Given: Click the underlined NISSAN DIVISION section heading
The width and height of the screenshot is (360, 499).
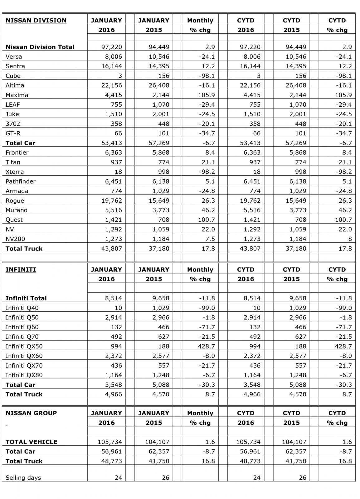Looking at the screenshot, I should tap(36, 21).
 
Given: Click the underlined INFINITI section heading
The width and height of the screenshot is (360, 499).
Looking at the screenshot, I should tap(21, 269).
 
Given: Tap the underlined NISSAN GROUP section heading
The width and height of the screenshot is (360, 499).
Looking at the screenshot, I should tap(31, 413).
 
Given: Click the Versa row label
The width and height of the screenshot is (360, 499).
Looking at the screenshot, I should tap(14, 56).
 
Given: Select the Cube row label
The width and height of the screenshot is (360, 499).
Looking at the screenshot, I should tap(13, 76).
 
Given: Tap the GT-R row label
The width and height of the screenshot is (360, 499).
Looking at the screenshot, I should tap(13, 133).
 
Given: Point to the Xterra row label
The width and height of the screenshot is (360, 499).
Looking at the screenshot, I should tap(15, 172).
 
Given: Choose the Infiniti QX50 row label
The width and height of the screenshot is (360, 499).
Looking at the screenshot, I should tap(24, 346).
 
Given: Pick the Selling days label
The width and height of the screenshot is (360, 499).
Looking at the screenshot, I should tap(23, 477).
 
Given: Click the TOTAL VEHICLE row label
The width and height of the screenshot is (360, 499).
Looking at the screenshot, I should tap(31, 442).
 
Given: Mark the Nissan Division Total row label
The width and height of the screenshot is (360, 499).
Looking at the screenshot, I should tap(40, 47).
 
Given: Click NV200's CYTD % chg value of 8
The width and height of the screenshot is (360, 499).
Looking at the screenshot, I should tap(350, 239).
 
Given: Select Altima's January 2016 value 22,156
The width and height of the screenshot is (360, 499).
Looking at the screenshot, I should tap(112, 85).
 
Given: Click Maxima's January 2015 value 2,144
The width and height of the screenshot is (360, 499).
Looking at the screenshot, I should tap(161, 95).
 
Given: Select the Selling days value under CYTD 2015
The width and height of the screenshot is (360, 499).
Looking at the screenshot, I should tap(302, 477).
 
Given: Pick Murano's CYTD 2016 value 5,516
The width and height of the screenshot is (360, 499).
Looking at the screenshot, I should tap(251, 210).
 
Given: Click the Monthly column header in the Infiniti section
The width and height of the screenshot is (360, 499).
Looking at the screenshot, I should tap(200, 269).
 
